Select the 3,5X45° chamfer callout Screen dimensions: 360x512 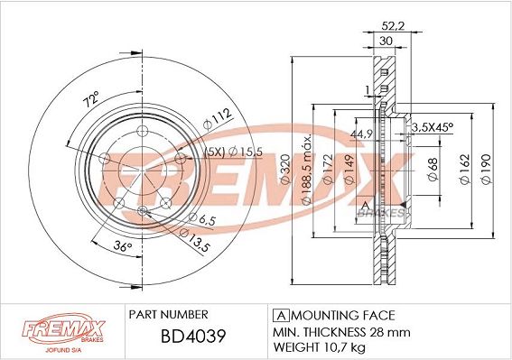click(432, 129)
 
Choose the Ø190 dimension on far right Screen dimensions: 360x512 click(485, 166)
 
